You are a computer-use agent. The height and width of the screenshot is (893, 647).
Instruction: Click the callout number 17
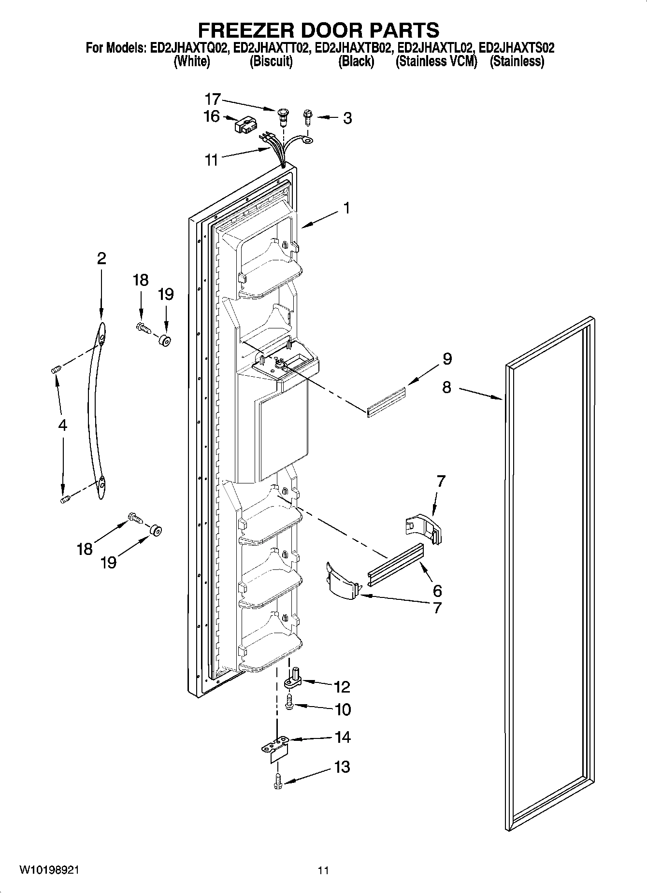pos(212,99)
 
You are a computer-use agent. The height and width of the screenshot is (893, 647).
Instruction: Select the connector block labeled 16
pos(244,126)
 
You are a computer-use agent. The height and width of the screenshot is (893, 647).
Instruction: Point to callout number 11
pos(212,160)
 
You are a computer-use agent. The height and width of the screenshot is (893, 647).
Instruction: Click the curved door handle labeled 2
pos(95,411)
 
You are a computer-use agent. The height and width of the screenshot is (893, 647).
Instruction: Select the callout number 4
pos(62,425)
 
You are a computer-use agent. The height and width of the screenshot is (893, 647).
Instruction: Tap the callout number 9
pos(447,359)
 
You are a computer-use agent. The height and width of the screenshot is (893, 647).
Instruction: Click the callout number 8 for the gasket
pos(446,387)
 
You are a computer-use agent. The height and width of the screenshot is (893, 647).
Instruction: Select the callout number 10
pos(342,709)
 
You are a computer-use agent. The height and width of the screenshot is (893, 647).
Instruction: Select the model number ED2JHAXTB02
pos(355,48)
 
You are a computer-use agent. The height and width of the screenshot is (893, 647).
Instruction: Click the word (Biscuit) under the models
pos(271,61)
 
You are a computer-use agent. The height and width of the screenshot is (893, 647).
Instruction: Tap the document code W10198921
pos(49,870)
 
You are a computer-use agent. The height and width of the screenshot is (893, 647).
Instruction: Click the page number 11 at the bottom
pos(323,870)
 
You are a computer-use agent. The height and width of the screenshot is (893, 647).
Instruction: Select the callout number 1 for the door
pos(346,208)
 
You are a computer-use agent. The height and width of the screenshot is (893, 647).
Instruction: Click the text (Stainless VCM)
pos(436,61)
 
